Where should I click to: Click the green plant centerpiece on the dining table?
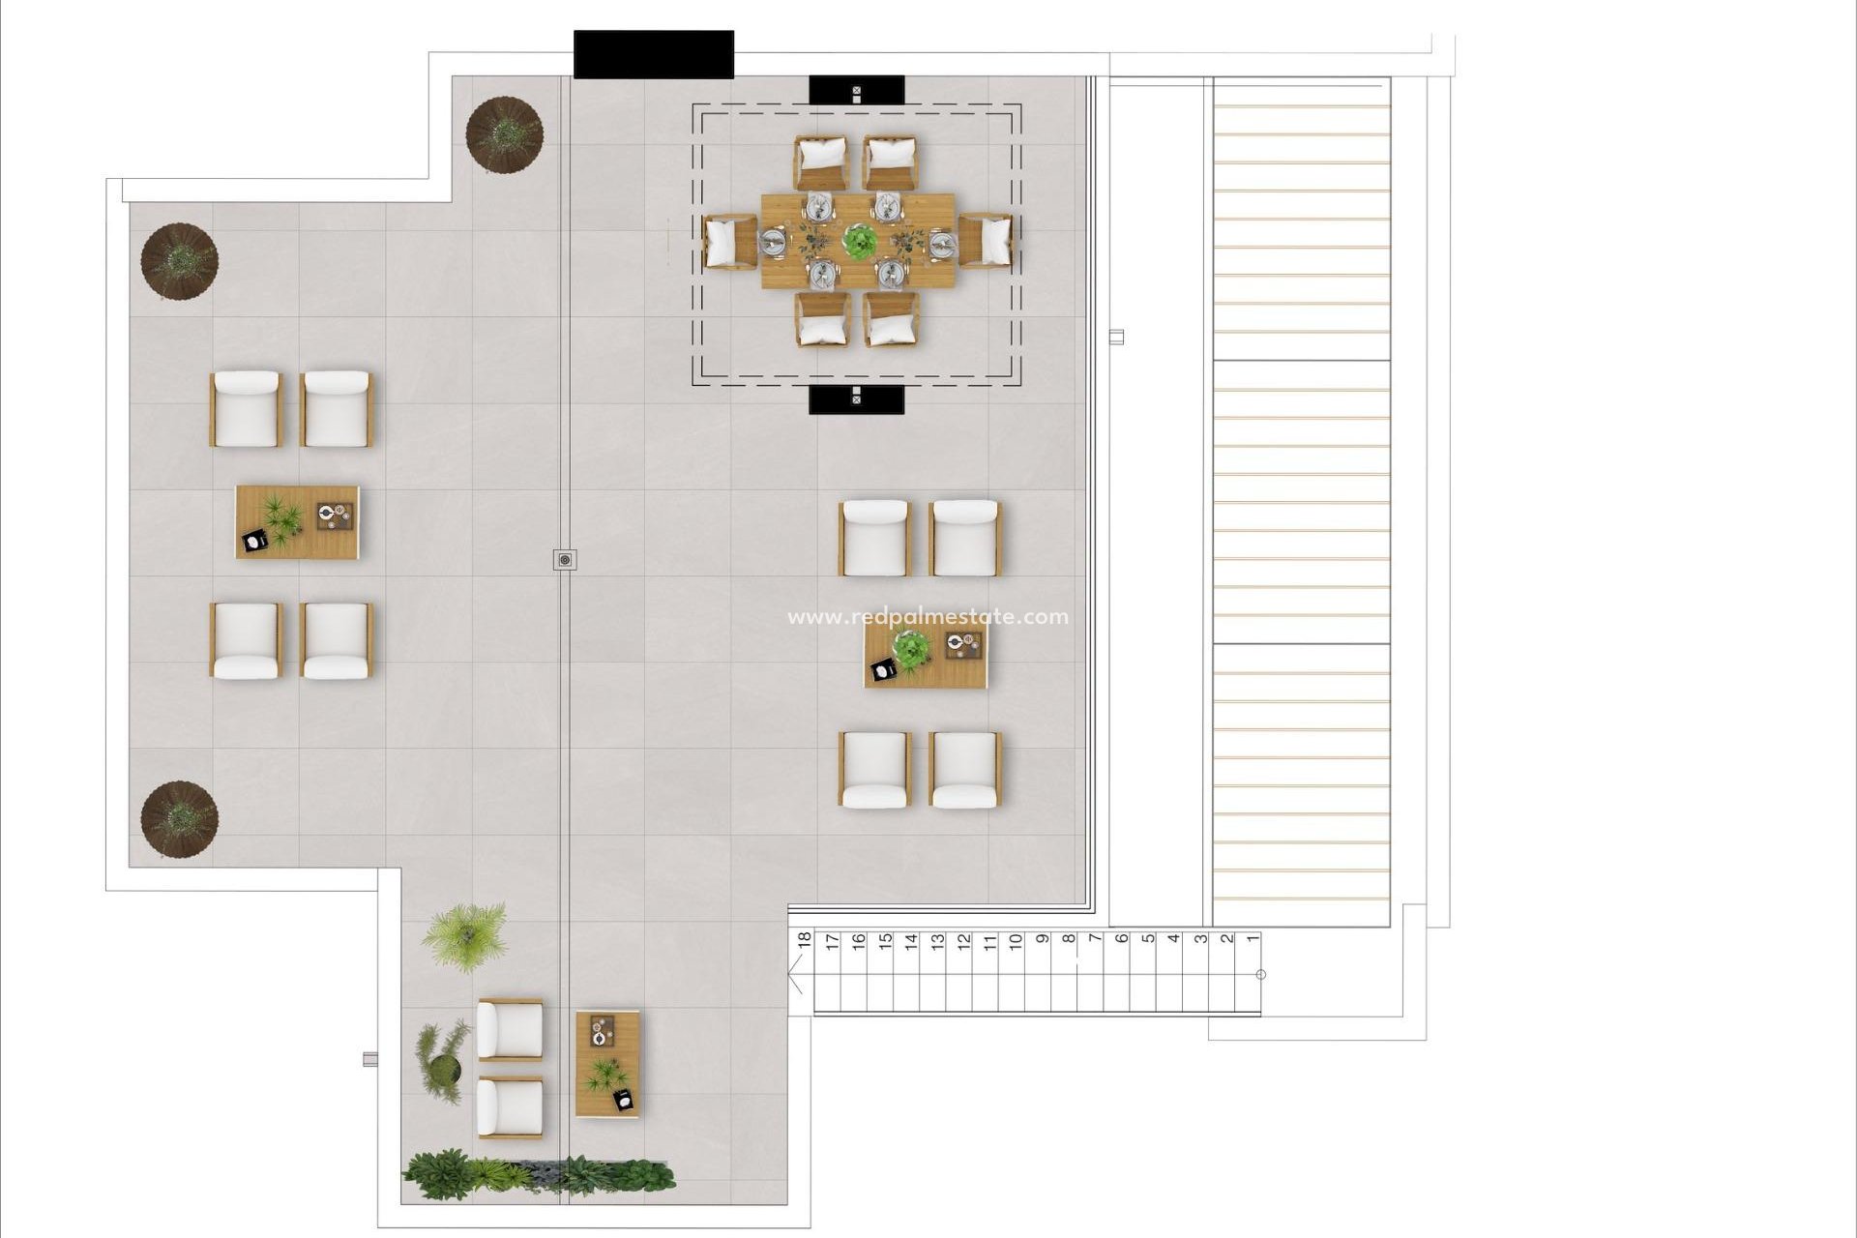pos(857,241)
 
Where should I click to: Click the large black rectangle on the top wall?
pos(653,54)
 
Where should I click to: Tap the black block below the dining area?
pos(856,398)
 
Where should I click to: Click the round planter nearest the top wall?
pos(504,134)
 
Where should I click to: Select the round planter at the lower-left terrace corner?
pos(179,819)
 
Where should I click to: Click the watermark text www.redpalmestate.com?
pos(928,617)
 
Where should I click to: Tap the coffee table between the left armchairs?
pos(297,521)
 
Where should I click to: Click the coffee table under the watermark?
pos(926,657)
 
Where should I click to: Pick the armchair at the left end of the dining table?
pos(729,241)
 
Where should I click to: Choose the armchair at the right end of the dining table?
pos(986,241)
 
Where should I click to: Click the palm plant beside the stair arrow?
pos(465,932)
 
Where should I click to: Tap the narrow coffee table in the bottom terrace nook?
pos(607,1063)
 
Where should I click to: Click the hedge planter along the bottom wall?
pos(538,1173)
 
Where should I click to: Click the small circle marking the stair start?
pos(1260,975)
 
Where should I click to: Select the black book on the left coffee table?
pos(255,543)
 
